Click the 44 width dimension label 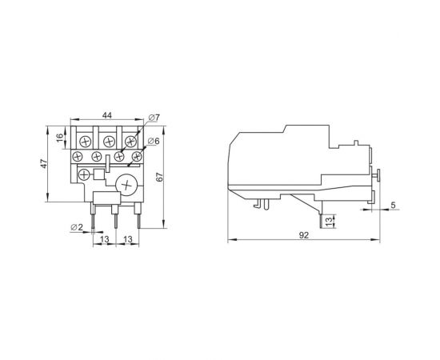coord(106,114)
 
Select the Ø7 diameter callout coord(154,118)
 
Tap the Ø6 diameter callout coord(154,141)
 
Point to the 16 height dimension coord(60,137)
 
